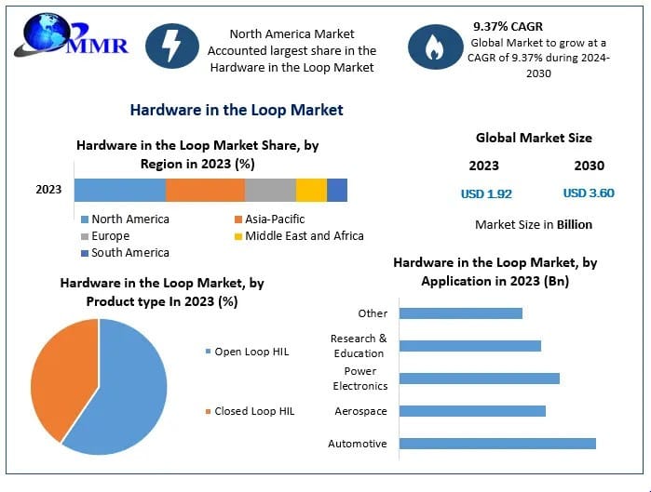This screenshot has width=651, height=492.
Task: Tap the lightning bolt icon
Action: pyautogui.click(x=172, y=46)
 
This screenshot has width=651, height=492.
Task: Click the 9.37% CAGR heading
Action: pyautogui.click(x=508, y=26)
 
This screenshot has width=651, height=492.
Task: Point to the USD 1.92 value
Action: pyautogui.click(x=486, y=193)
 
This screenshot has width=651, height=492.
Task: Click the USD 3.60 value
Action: pyautogui.click(x=589, y=193)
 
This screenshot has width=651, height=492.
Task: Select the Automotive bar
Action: pyautogui.click(x=497, y=444)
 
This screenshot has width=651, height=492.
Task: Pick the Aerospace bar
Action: pyautogui.click(x=472, y=411)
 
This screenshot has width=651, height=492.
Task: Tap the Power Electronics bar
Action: pyautogui.click(x=479, y=379)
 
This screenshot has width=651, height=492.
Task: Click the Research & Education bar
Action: pyautogui.click(x=469, y=346)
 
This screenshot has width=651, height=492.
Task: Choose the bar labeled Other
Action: pyautogui.click(x=460, y=313)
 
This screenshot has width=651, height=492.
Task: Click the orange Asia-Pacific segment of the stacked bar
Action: pyautogui.click(x=205, y=190)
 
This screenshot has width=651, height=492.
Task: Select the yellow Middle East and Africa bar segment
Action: pyautogui.click(x=311, y=190)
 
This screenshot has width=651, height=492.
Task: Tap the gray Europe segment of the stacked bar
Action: pyautogui.click(x=270, y=190)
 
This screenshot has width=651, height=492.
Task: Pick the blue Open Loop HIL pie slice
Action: pyautogui.click(x=126, y=391)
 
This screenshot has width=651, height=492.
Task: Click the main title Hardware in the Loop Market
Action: pyautogui.click(x=237, y=110)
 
